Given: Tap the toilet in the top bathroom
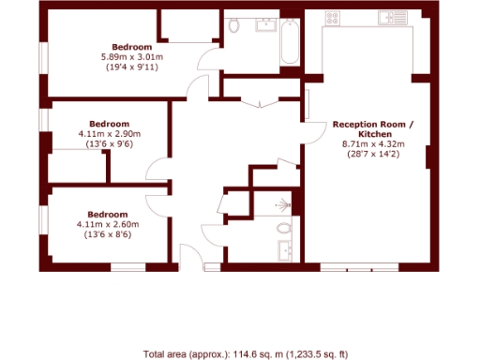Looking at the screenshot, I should click(x=235, y=25).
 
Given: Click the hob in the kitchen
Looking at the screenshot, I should click(x=332, y=18).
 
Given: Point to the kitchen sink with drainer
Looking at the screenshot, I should click(x=392, y=17).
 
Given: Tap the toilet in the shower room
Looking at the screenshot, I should click(x=285, y=227).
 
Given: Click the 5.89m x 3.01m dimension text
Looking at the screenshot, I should click(x=132, y=57).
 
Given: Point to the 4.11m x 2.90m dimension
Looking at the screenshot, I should click(x=109, y=134).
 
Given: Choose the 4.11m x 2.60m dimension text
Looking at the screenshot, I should click(x=109, y=224).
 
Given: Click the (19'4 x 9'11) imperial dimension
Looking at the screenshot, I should click(x=132, y=67).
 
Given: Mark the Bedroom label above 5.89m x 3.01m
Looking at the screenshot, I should click(x=132, y=47).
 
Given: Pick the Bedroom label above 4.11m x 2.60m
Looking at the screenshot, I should click(x=109, y=214).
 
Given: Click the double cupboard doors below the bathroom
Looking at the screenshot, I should click(x=261, y=103).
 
